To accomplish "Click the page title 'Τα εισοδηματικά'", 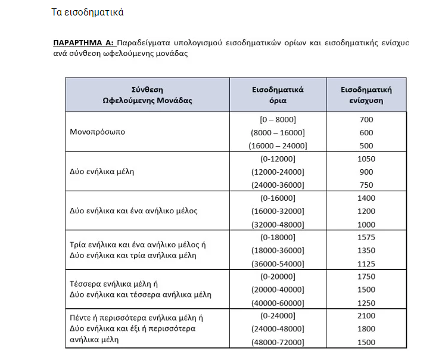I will click(x=88, y=12).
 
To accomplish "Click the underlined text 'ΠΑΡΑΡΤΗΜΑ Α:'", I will click(x=84, y=44).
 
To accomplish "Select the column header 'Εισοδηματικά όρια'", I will click(x=278, y=95).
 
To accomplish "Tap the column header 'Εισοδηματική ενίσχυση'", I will click(x=366, y=95).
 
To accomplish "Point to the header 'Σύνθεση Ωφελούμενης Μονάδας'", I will click(x=147, y=95).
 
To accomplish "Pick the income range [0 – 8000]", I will click(x=278, y=119).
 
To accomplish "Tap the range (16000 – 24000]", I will click(x=278, y=145).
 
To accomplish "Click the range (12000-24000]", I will click(x=278, y=172).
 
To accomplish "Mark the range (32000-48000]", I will click(x=278, y=224).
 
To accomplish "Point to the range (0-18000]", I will click(x=278, y=237).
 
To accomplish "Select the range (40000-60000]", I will click(x=278, y=303).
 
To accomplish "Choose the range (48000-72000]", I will click(x=278, y=342).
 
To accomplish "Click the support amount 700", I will click(x=366, y=119).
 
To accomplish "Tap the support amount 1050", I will click(x=366, y=159).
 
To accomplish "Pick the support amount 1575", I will click(x=366, y=237).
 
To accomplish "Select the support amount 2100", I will click(x=366, y=316).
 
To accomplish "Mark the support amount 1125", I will click(x=366, y=263).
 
